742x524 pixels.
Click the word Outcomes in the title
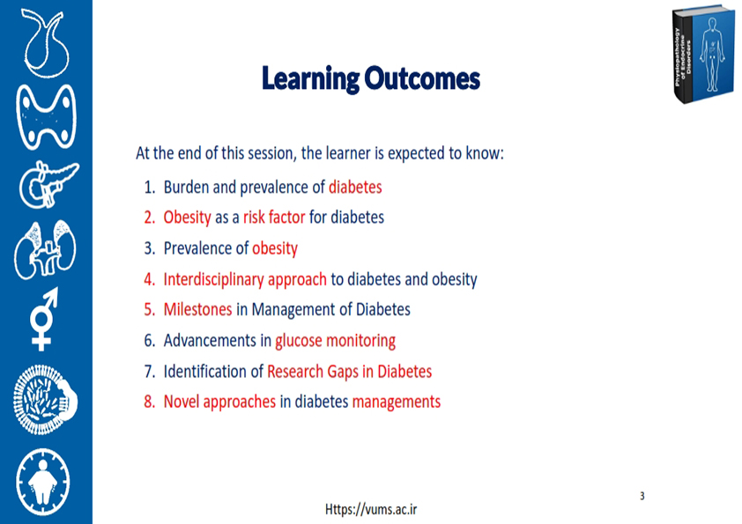[x=422, y=78]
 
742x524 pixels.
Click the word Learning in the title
[x=310, y=79]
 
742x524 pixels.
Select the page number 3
[x=642, y=496]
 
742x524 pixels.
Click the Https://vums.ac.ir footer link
[x=371, y=509]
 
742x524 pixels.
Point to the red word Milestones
[x=197, y=309]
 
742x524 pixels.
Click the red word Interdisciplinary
[x=213, y=279]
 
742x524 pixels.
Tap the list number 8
[x=150, y=402]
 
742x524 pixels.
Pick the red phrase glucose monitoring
[x=336, y=341]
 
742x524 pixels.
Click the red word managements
[x=397, y=402]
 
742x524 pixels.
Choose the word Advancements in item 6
[x=210, y=341]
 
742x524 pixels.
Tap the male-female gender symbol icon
[x=43, y=319]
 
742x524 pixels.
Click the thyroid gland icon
[x=47, y=117]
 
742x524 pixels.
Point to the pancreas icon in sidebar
[x=48, y=185]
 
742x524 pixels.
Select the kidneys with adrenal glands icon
[x=46, y=249]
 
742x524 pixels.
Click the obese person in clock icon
[x=43, y=482]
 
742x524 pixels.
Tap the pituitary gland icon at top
[x=45, y=43]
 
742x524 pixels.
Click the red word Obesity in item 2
[x=188, y=218]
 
